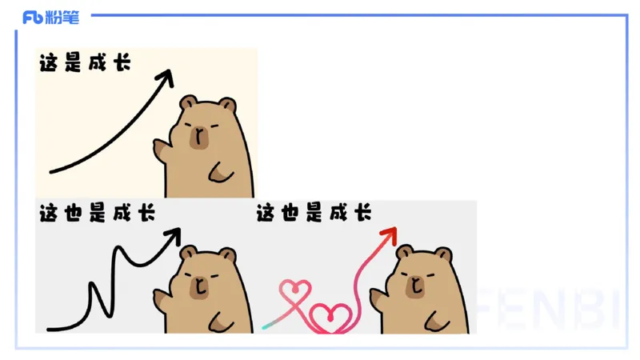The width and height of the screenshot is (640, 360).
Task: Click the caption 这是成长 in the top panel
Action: pyautogui.click(x=85, y=63)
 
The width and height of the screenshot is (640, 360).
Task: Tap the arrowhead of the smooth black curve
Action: pyautogui.click(x=166, y=77)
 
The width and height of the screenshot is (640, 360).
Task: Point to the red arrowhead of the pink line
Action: pyautogui.click(x=390, y=234)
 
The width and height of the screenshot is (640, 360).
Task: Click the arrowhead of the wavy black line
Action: pyautogui.click(x=173, y=235)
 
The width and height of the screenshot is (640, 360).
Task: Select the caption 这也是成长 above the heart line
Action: pyautogui.click(x=314, y=214)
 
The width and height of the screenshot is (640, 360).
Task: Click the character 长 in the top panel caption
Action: pyautogui.click(x=122, y=63)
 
